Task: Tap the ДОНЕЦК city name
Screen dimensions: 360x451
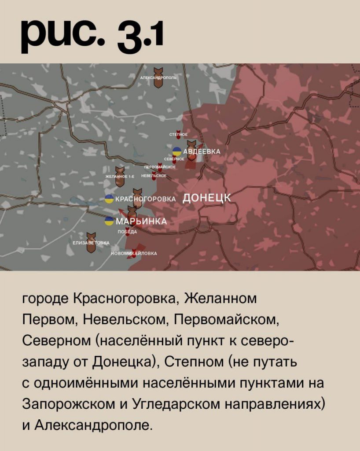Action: pos(206,198)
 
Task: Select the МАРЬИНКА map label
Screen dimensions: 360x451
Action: pos(141,221)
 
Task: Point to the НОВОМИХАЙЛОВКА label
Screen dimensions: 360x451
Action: pos(134,253)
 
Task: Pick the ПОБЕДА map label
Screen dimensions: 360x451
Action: pos(127,232)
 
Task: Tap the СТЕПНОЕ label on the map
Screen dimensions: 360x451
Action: pos(179,134)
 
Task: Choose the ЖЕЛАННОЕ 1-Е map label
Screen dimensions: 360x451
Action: pos(120,176)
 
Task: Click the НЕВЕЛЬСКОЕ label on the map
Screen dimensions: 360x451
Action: pos(154,176)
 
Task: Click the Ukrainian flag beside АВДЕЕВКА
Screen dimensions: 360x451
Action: pos(177,151)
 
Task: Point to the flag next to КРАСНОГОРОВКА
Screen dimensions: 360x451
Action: pos(109,199)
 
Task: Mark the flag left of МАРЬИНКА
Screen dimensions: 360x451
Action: pos(109,221)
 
